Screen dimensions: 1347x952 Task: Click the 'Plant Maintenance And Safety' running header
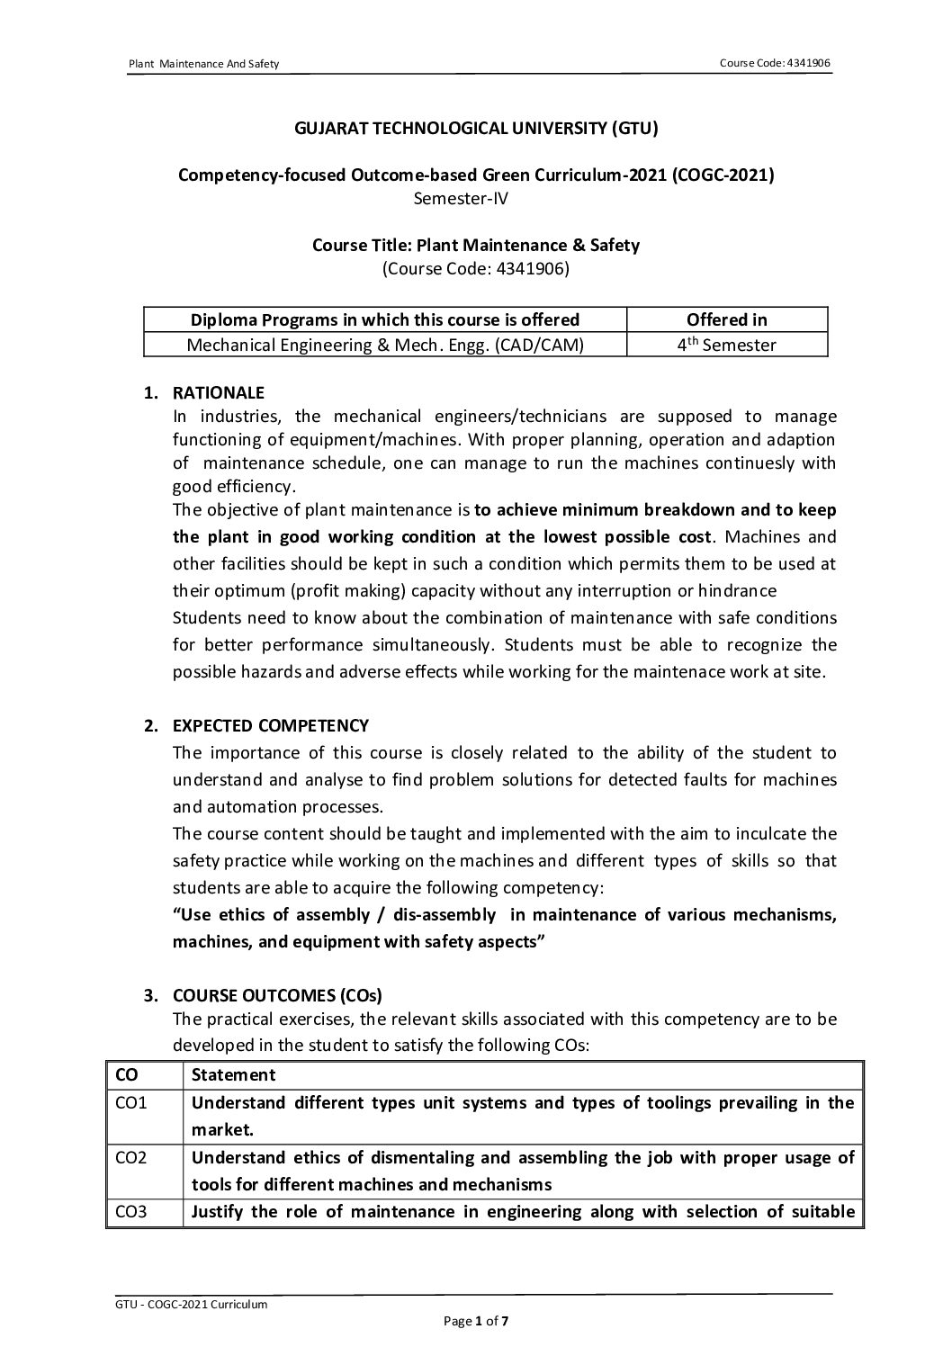[204, 64]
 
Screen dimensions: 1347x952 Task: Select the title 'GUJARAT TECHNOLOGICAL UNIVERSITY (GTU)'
[476, 129]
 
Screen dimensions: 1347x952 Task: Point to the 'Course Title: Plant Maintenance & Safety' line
[476, 245]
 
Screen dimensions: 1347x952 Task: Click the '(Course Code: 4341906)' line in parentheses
[476, 267]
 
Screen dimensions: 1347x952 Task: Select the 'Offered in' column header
[726, 319]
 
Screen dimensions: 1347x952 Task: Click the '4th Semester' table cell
[726, 345]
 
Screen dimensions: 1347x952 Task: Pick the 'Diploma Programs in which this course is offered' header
[385, 319]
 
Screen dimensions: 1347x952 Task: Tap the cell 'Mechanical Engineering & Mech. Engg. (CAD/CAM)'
[385, 345]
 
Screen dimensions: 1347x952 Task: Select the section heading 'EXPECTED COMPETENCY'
[270, 725]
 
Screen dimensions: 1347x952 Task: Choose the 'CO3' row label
[131, 1211]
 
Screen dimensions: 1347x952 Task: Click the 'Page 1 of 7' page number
[476, 1321]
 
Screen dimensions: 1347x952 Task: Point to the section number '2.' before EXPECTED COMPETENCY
[151, 725]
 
